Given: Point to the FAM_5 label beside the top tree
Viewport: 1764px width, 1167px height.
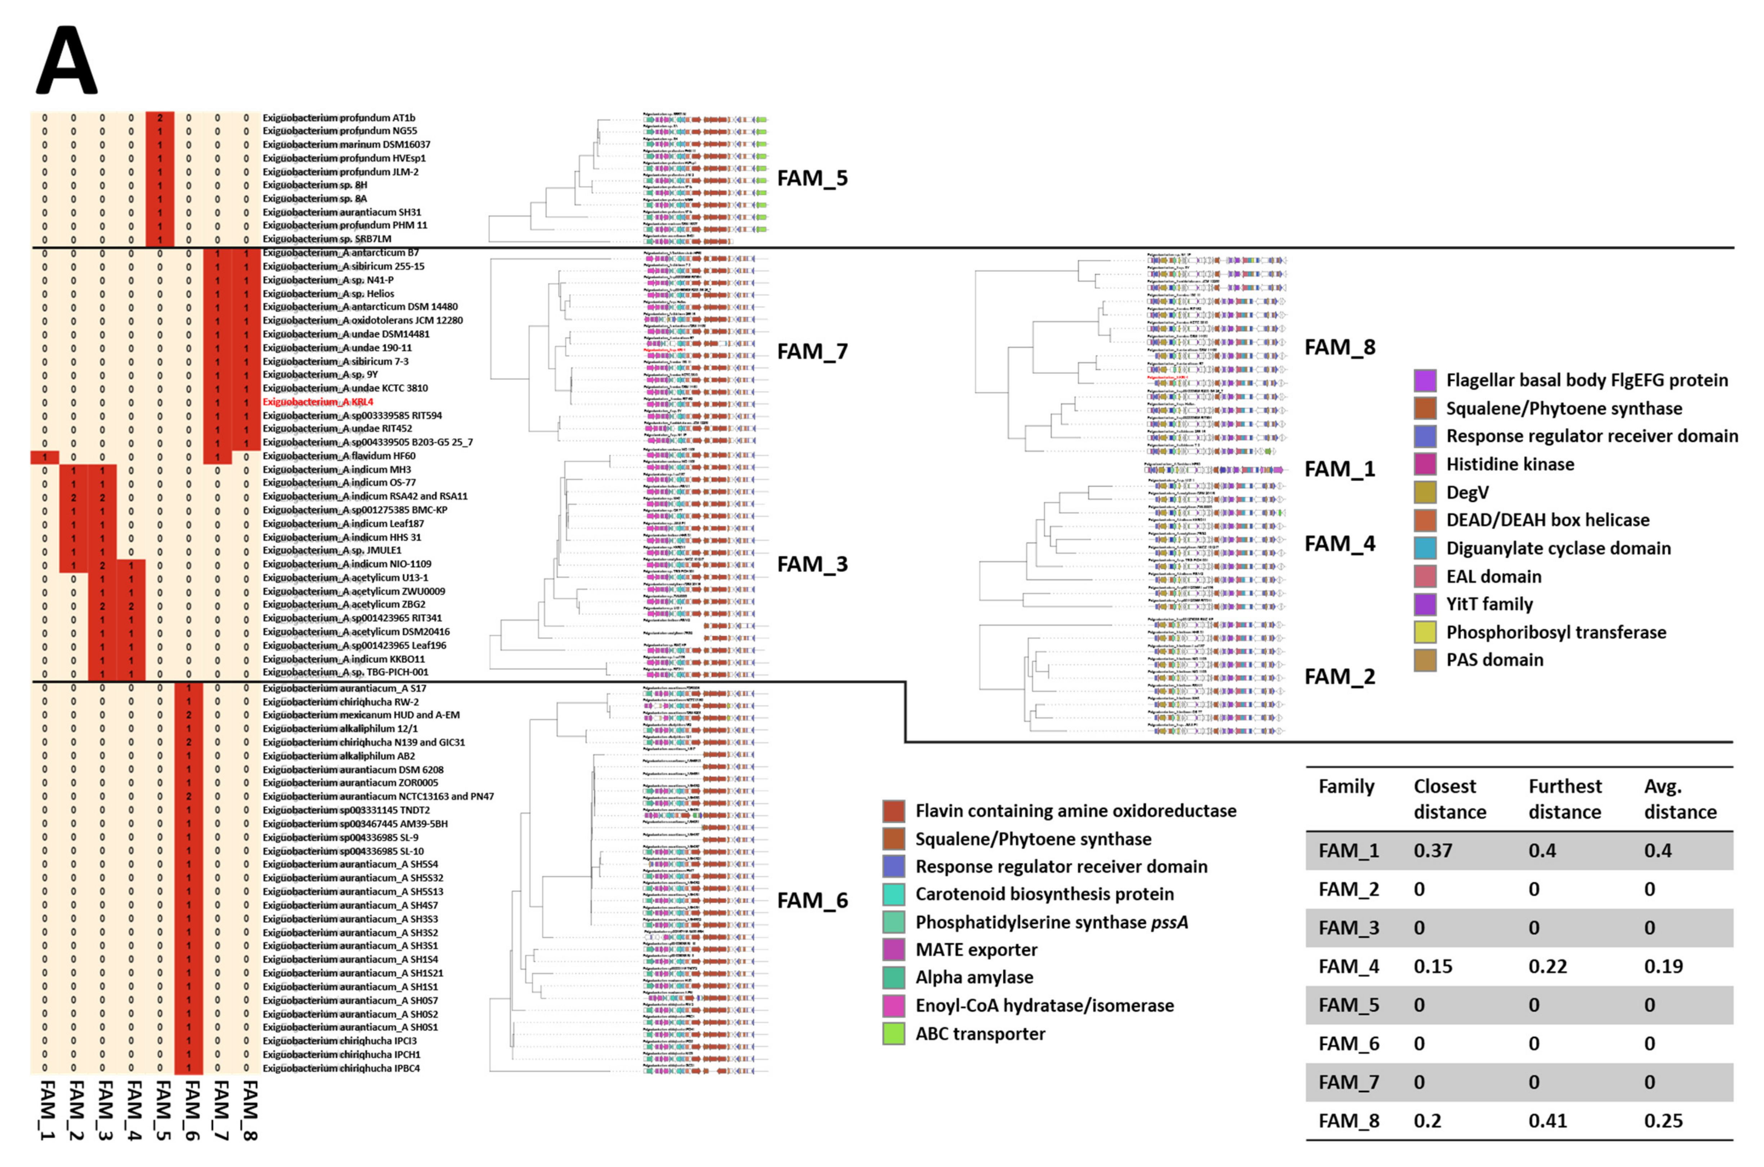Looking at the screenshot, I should click(x=812, y=179).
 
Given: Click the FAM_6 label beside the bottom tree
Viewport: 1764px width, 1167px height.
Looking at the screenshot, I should click(x=812, y=900).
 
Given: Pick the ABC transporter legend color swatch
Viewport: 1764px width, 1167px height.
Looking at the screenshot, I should click(x=894, y=1034).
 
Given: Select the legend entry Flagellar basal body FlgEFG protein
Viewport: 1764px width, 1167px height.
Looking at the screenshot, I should click(x=1586, y=380).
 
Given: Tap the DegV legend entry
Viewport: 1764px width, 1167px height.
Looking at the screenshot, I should click(x=1467, y=492).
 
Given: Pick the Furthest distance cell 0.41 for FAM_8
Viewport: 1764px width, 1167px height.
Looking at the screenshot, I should click(x=1548, y=1121).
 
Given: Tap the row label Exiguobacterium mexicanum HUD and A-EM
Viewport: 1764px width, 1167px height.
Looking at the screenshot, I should click(x=361, y=714).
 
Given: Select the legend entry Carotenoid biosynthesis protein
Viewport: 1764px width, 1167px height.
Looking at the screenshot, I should click(x=1044, y=894).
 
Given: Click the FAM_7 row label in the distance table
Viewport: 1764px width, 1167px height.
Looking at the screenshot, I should click(x=1349, y=1082).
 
